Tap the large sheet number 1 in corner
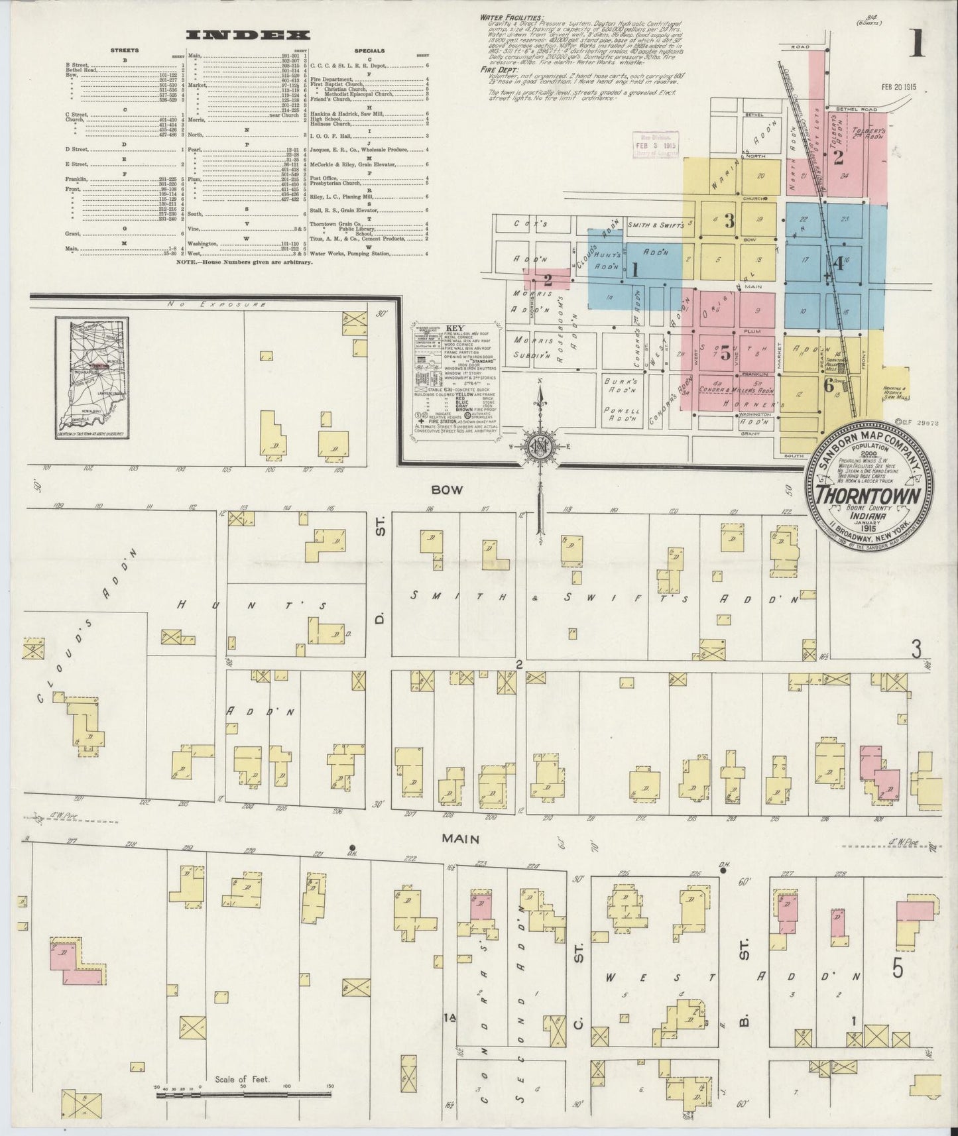point(917,45)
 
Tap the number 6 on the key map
point(829,384)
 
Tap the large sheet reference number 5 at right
point(898,969)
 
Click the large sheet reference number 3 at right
point(916,650)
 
